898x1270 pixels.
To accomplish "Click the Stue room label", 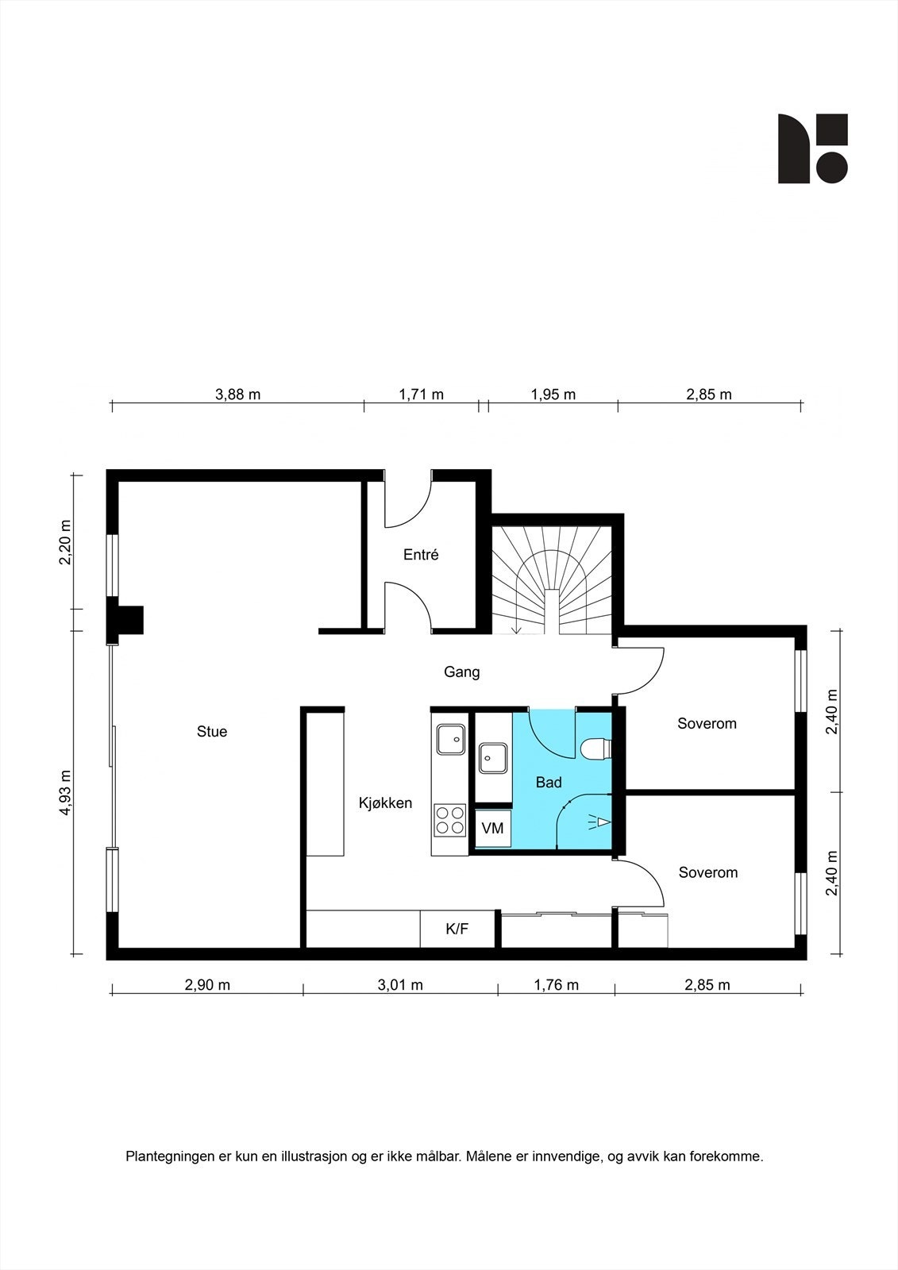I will pyautogui.click(x=212, y=732).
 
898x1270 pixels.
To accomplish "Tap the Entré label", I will pyautogui.click(x=421, y=555).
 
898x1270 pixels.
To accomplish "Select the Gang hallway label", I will pyautogui.click(x=461, y=672).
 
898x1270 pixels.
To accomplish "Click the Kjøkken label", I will pyautogui.click(x=385, y=803).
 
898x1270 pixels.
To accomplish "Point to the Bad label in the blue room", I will pyautogui.click(x=549, y=783).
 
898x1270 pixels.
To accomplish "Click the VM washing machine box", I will pyautogui.click(x=493, y=829).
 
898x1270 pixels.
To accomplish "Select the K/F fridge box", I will pyautogui.click(x=457, y=929).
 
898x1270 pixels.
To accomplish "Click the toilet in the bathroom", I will pyautogui.click(x=596, y=749).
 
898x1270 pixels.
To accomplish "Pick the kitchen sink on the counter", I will pyautogui.click(x=451, y=738).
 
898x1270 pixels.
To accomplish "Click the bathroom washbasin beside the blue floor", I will pyautogui.click(x=493, y=758).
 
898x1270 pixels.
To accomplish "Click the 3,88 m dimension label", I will pyautogui.click(x=237, y=394).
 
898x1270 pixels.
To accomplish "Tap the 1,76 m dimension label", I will pyautogui.click(x=556, y=985).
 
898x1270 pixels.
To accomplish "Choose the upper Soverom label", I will pyautogui.click(x=707, y=724).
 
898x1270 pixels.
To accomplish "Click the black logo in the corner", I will pyautogui.click(x=812, y=148).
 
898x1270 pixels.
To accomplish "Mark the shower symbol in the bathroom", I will pyautogui.click(x=599, y=822).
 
